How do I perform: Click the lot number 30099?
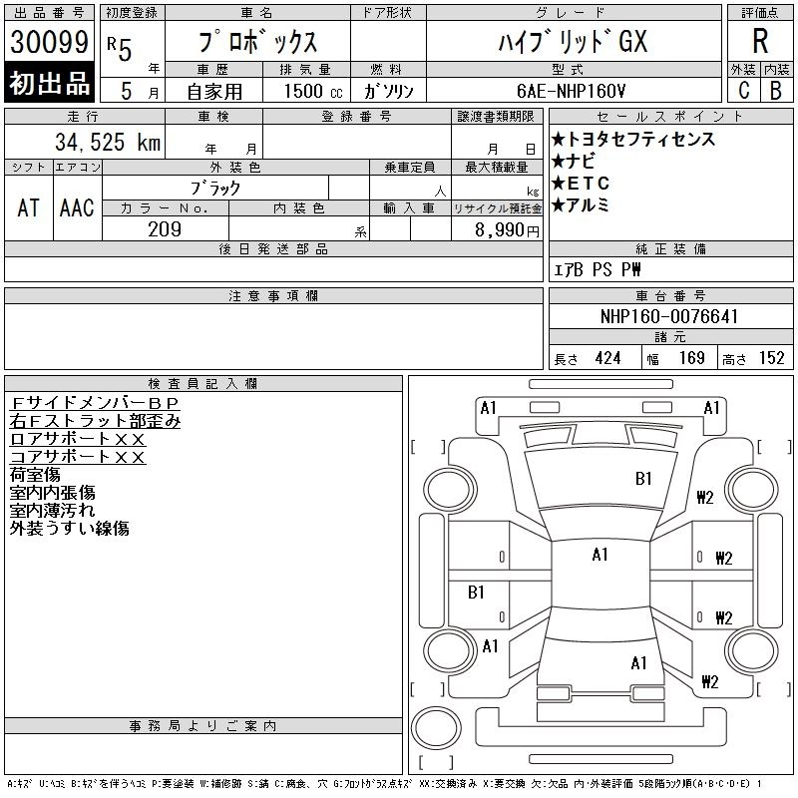point(49,42)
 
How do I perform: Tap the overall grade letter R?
point(760,41)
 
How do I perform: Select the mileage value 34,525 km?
point(108,142)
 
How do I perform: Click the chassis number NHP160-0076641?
point(669,316)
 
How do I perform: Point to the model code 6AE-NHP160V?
point(571,91)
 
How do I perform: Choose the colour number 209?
point(165,229)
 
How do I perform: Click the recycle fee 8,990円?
point(507,230)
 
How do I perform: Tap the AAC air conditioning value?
point(77,207)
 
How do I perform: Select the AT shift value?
point(29,207)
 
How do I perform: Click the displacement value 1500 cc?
point(313,91)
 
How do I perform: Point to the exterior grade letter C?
point(744,91)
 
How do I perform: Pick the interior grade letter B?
point(776,91)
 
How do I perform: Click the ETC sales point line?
point(581,183)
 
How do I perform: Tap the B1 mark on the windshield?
point(643,479)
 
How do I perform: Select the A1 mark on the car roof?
point(600,555)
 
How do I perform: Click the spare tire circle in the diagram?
point(436,728)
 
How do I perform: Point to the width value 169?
point(692,358)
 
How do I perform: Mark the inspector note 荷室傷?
point(35,475)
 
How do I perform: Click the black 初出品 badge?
point(49,83)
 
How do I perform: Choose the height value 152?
point(772,358)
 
